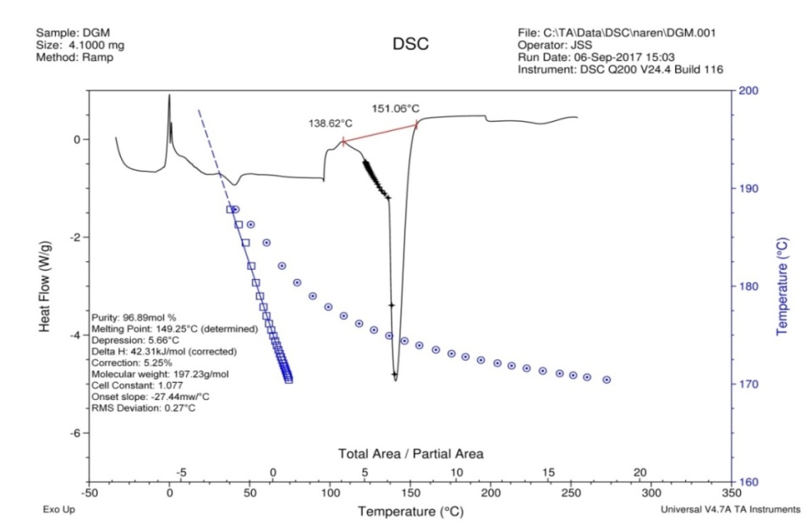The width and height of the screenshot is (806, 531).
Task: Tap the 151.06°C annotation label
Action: (x=396, y=108)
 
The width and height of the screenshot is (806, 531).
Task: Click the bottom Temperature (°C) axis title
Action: (x=410, y=512)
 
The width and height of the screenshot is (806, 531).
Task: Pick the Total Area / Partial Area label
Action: (x=411, y=454)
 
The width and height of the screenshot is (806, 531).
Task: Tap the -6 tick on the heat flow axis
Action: (x=74, y=433)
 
